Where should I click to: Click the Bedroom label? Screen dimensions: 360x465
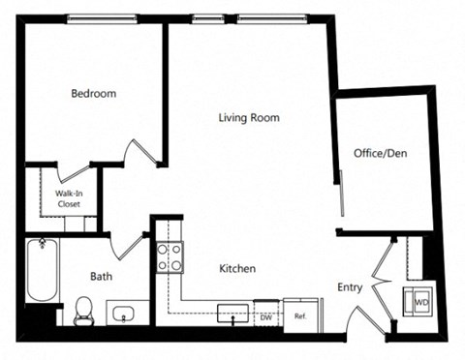[x=94, y=94]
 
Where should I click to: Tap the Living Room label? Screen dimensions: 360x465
[x=248, y=118]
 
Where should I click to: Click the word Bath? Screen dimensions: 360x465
[x=102, y=275]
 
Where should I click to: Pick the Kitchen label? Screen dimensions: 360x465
[x=236, y=268]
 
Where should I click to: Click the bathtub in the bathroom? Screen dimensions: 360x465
[x=42, y=270]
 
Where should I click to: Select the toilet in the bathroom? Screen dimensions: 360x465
[x=83, y=312]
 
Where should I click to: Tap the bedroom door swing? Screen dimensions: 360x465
[x=141, y=152]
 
